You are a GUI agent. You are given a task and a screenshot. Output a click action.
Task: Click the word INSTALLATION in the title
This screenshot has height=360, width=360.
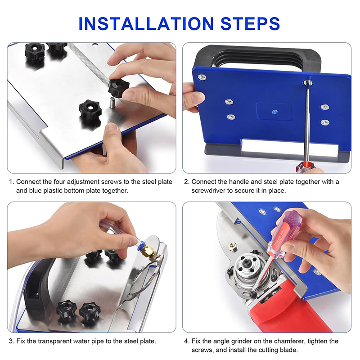[146, 24]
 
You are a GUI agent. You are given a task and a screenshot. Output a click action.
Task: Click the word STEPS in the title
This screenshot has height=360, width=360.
[250, 24]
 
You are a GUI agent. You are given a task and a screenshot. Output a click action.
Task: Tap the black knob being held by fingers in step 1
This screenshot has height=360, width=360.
[118, 88]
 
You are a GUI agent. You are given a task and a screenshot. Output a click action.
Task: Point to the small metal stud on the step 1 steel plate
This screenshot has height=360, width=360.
[112, 102]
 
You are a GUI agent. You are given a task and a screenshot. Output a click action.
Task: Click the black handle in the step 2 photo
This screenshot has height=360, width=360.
[257, 58]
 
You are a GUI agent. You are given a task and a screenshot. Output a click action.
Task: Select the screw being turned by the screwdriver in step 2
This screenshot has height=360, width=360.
[308, 83]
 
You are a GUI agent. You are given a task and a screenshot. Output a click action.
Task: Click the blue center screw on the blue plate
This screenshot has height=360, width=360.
[274, 112]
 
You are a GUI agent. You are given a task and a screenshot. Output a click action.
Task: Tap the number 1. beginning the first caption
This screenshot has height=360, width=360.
[12, 182]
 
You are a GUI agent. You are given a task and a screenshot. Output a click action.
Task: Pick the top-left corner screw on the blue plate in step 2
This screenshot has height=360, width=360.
[202, 77]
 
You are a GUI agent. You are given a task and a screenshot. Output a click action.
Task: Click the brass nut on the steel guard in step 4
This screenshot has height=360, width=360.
[233, 247]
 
